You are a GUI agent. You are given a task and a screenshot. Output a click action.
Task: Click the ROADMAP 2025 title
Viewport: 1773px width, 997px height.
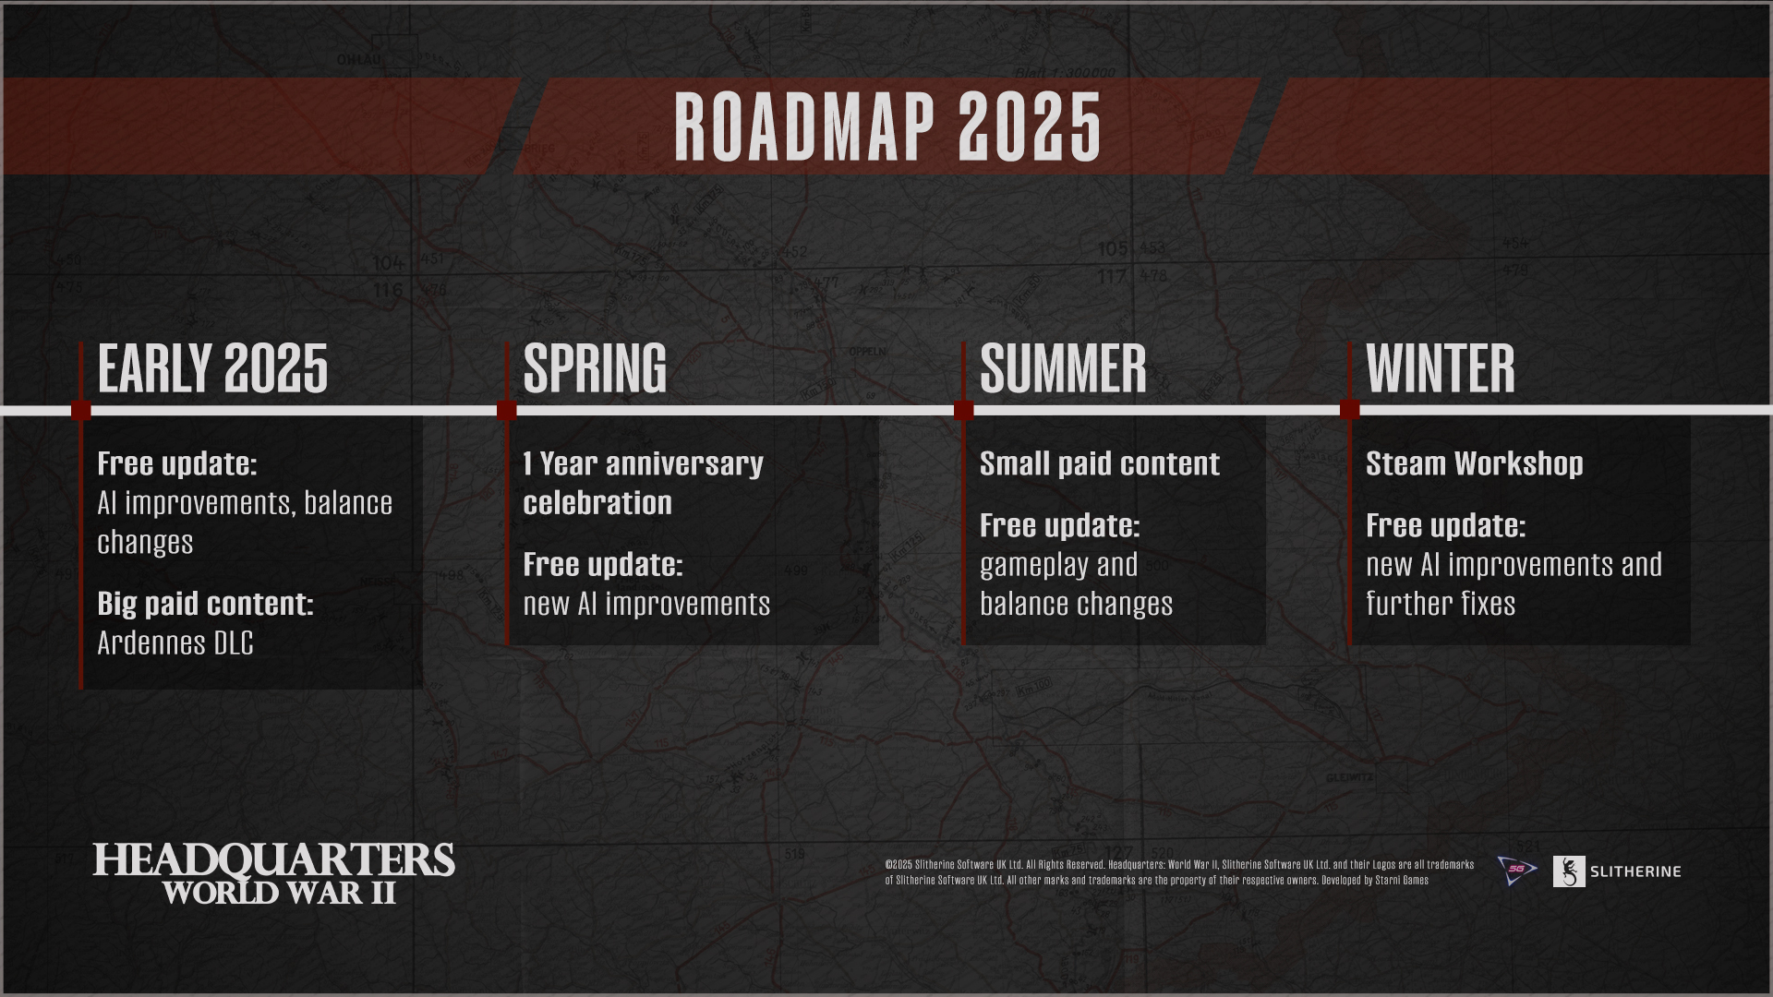887,127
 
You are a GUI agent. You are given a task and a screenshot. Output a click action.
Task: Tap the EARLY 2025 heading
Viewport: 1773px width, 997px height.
212,368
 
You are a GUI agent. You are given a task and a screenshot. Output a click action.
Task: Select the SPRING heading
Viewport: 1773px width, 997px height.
595,368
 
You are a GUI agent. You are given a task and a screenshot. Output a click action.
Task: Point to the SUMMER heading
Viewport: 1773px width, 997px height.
1063,368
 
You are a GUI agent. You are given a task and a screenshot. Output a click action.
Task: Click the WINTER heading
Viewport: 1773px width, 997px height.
1441,368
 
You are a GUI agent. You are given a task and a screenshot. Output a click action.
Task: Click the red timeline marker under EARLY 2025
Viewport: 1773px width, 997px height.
81,410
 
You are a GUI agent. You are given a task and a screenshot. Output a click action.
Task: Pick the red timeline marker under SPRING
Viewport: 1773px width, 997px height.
506,410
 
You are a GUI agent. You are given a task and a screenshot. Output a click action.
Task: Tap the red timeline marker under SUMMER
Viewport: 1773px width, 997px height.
964,410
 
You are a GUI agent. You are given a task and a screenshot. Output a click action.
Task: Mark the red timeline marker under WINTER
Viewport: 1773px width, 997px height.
1350,410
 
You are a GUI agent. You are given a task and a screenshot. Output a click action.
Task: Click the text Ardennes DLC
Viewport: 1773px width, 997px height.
175,643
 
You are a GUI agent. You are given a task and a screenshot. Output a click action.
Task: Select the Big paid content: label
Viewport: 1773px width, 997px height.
205,604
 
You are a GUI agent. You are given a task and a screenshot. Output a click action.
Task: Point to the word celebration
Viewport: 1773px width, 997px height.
597,503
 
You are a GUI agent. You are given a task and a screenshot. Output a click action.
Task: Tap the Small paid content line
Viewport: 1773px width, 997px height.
1099,463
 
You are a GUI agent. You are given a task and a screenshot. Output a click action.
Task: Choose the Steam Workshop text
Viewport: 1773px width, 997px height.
1474,463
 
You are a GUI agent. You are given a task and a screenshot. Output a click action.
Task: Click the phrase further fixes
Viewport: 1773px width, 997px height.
1441,604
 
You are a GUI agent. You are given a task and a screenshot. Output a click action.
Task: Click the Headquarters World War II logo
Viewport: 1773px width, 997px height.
274,873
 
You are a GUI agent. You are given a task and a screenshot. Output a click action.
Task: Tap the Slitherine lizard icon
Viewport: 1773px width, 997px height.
1569,871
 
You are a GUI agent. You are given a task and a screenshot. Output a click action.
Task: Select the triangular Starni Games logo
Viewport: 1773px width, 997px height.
1516,871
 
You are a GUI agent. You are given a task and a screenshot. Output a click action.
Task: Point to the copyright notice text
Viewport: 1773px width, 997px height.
1179,872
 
